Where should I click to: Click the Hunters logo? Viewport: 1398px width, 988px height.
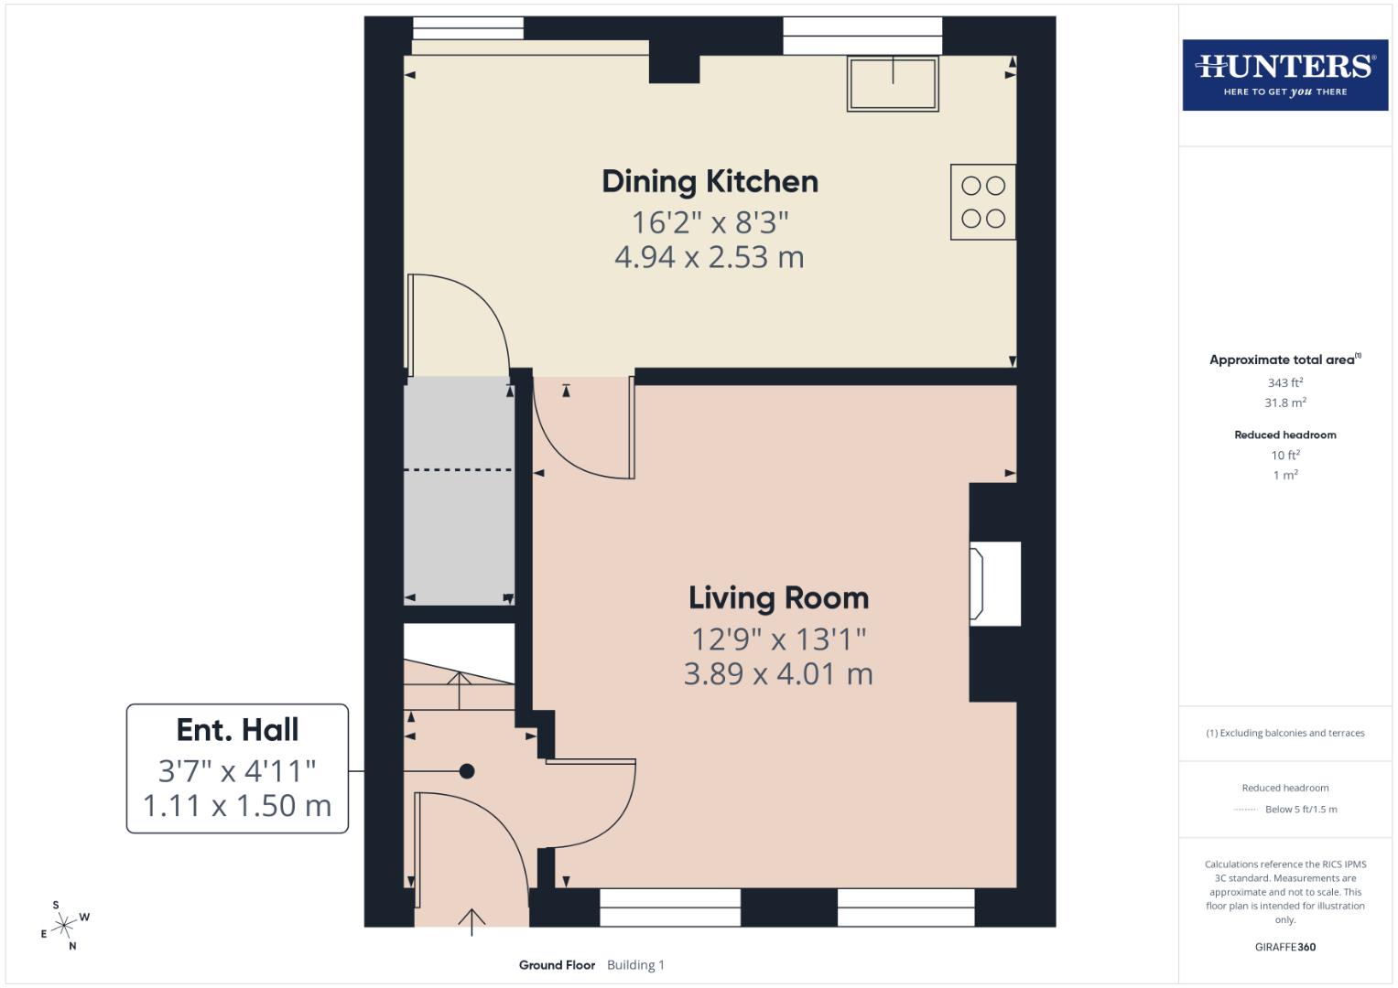(x=1284, y=74)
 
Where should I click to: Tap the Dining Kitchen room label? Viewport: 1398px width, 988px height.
(x=710, y=181)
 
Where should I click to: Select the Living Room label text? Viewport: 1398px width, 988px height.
(x=778, y=597)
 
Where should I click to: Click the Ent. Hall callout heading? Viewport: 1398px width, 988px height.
(x=237, y=729)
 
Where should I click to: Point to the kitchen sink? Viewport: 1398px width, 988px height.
(x=893, y=83)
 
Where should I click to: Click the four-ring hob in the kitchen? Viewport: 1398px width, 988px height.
(x=983, y=202)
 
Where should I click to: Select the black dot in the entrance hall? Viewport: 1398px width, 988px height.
(x=467, y=771)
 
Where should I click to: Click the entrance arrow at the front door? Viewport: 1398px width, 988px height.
(x=471, y=921)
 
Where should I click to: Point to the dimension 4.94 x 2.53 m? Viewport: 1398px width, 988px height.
(x=710, y=257)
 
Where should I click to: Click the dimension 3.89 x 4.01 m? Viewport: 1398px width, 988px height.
(x=778, y=674)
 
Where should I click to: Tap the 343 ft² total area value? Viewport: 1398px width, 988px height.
(x=1284, y=382)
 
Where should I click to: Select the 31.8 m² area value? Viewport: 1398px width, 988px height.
(x=1284, y=403)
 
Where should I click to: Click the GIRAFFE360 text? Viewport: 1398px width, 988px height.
(x=1284, y=947)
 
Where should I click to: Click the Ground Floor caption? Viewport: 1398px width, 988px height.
(x=557, y=964)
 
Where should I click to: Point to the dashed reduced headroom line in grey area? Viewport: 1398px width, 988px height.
(x=458, y=469)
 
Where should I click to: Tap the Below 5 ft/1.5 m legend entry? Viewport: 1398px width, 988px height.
(x=1300, y=809)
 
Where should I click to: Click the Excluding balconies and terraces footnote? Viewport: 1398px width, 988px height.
(x=1284, y=733)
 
